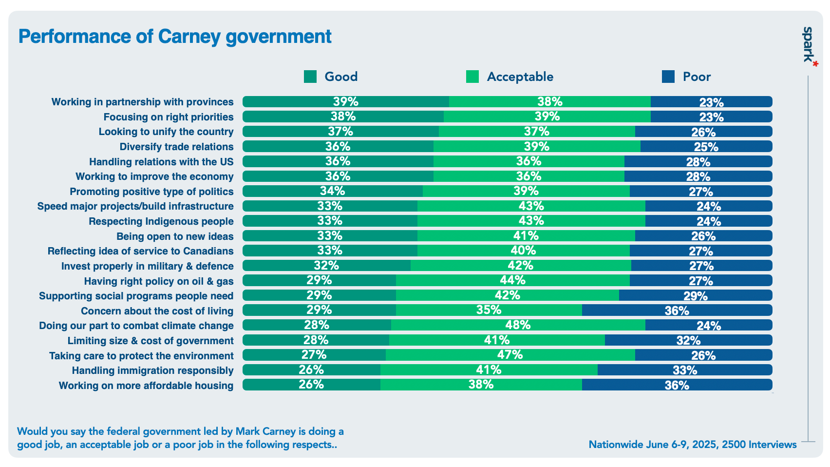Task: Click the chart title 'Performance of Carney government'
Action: click(174, 37)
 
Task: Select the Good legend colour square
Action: click(310, 77)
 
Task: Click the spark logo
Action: click(808, 45)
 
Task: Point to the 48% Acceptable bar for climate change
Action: click(518, 325)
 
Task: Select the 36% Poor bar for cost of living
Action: click(677, 311)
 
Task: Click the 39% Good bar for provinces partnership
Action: click(345, 101)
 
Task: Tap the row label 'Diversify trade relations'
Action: click(176, 147)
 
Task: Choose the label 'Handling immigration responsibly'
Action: click(152, 370)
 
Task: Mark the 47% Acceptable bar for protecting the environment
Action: click(510, 355)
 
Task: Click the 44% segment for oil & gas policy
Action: click(512, 280)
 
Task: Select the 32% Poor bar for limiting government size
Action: click(688, 340)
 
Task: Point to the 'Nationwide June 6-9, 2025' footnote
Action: click(692, 445)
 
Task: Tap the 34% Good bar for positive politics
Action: click(332, 191)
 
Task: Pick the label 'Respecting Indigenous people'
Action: click(161, 221)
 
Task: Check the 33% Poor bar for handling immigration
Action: click(684, 370)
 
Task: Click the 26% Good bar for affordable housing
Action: click(311, 385)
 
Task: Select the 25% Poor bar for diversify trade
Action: click(706, 146)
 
